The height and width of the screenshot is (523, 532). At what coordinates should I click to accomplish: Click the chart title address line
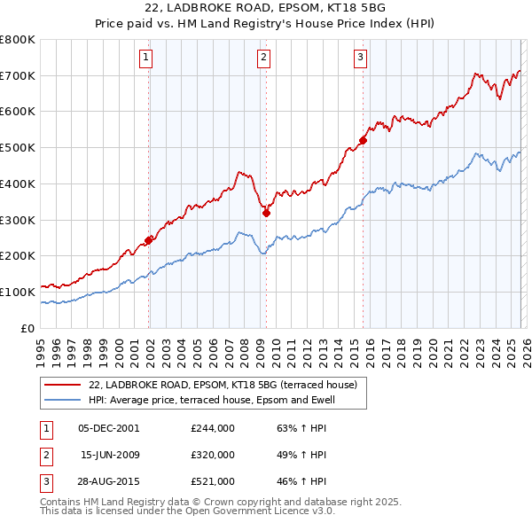[265, 8]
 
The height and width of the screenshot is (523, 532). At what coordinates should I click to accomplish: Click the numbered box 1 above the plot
[145, 59]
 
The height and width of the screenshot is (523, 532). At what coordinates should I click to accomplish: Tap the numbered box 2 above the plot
[264, 59]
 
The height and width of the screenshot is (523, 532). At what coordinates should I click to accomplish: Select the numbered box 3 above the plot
[361, 59]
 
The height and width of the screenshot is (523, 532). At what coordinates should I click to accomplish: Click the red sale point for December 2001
[149, 239]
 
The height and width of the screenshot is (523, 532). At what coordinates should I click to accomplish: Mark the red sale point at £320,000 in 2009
[266, 213]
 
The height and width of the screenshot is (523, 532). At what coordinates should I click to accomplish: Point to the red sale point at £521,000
[363, 140]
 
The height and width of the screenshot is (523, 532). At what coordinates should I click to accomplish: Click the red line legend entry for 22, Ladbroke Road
[222, 385]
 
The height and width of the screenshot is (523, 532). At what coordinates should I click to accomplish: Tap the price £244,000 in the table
[212, 428]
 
